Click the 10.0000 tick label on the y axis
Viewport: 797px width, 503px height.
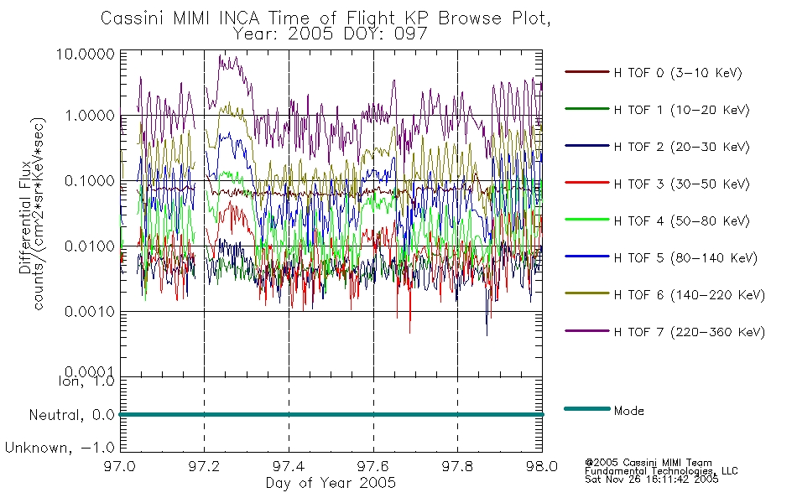click(x=86, y=54)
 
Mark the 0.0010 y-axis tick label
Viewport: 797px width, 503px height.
click(x=90, y=311)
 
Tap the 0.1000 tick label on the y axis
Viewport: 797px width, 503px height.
click(x=90, y=180)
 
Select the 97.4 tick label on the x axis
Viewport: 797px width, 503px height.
click(x=289, y=466)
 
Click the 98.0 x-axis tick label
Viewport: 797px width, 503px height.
click(x=542, y=466)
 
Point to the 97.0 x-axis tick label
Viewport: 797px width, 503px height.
click(x=120, y=466)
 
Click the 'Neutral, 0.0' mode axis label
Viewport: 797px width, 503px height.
click(x=71, y=415)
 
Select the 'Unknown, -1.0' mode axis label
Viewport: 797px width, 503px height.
click(x=60, y=448)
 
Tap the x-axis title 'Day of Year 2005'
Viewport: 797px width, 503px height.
click(x=331, y=482)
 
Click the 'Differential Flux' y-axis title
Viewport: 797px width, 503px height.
click(x=25, y=218)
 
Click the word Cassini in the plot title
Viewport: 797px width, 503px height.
click(x=133, y=18)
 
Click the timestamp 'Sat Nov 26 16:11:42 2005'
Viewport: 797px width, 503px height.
click(x=652, y=480)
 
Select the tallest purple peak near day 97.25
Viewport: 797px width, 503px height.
click(x=220, y=56)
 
